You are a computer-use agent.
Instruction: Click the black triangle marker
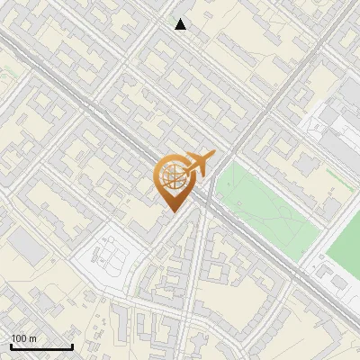pos(181,24)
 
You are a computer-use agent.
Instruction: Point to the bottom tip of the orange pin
pos(173,211)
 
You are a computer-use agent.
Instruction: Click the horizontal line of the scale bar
pos(41,347)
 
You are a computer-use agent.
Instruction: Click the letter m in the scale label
pos(32,338)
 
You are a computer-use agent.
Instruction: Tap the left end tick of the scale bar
pos(11,346)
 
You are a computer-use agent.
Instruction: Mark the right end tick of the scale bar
pos(72,346)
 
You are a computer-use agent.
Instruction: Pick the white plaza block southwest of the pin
pos(108,256)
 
